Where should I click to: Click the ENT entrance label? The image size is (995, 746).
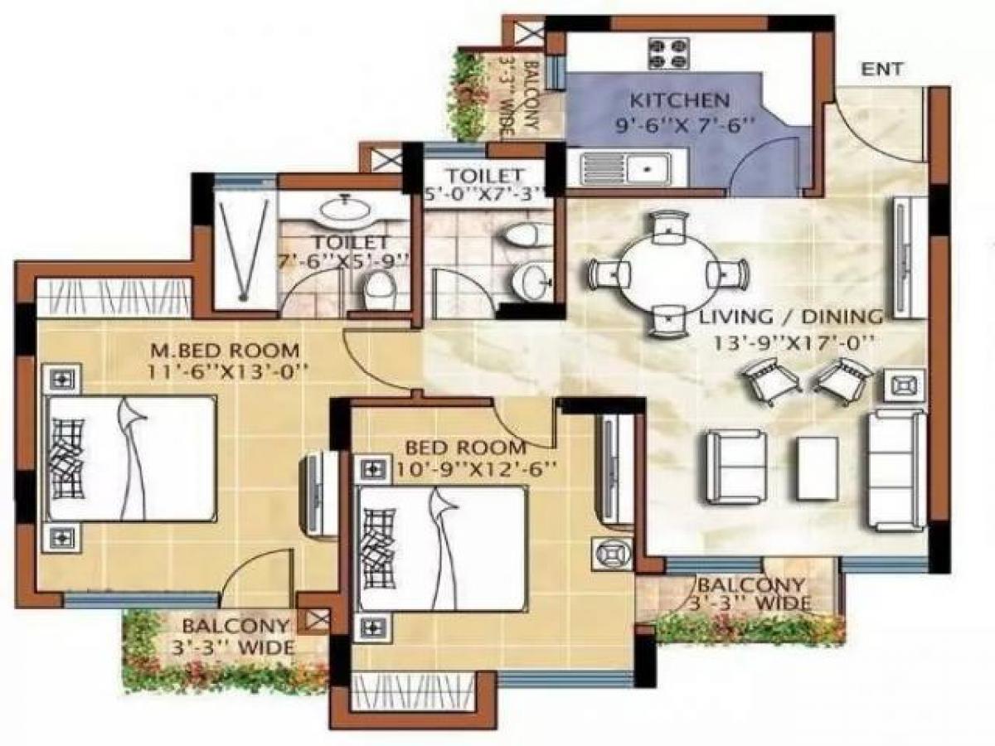(883, 70)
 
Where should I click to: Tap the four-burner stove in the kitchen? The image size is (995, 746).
(669, 53)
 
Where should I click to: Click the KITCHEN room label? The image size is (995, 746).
(680, 101)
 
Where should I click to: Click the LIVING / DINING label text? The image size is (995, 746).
(790, 317)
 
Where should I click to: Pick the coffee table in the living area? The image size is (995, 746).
(818, 468)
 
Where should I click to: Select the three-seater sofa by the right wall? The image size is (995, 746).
(896, 469)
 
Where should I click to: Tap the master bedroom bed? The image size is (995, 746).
(131, 458)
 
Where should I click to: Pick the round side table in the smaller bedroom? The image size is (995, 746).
(612, 552)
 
